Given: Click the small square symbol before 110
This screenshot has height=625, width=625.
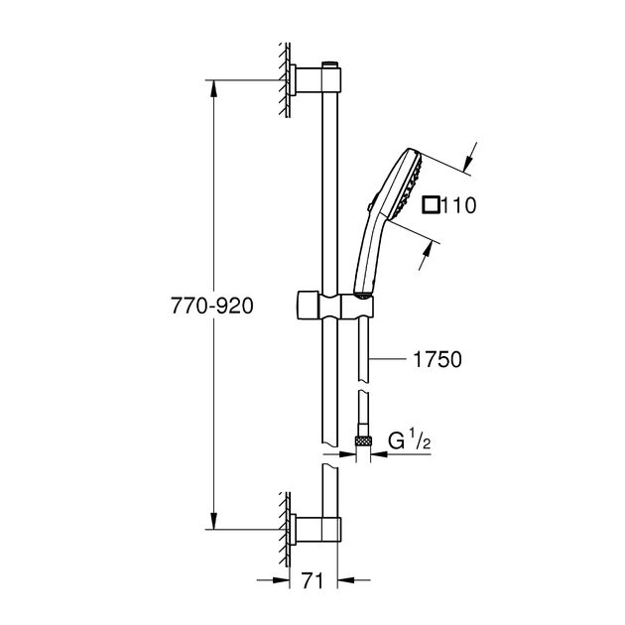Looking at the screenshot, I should coord(430,206).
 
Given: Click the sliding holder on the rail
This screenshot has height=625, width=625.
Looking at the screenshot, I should coord(332,303).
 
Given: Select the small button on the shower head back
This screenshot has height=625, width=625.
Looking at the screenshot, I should coord(369,208).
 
